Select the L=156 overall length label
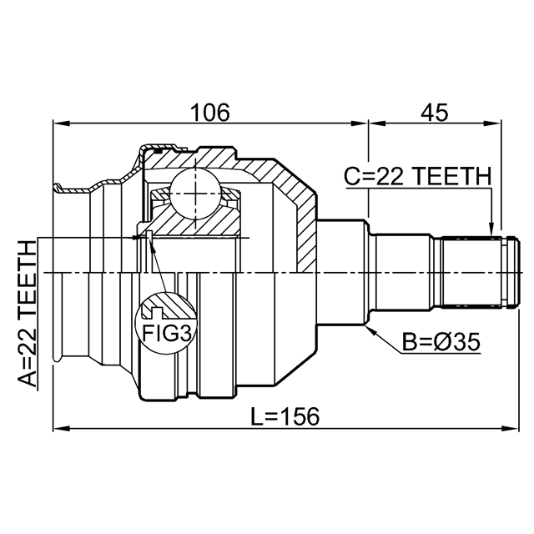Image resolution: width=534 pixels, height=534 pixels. coord(285,416)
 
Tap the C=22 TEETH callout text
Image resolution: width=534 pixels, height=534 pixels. coord(418,176)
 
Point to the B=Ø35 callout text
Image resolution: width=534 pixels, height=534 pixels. coord(441,342)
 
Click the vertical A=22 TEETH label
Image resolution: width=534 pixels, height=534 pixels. coord(27,314)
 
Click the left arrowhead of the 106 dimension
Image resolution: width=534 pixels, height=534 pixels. coord(61,123)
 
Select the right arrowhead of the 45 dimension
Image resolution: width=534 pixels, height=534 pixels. coord(494,123)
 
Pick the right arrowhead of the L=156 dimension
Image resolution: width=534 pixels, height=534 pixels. coord(511,428)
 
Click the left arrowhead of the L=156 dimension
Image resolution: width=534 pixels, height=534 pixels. coord(61,428)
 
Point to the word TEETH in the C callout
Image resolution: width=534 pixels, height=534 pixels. coord(452,176)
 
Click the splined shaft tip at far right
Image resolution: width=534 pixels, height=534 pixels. coord(512,272)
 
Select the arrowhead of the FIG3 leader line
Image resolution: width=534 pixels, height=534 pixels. coord(152,243)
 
